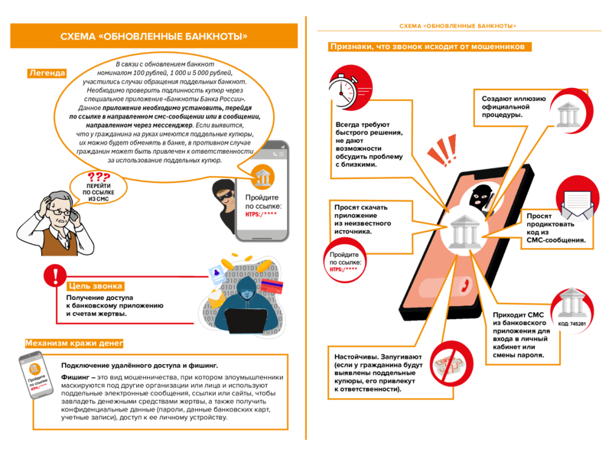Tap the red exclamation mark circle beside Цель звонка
click(55, 275)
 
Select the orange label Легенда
click(47, 73)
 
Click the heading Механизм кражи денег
click(74, 343)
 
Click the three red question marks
click(99, 177)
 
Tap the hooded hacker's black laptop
click(246, 321)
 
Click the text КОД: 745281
click(571, 324)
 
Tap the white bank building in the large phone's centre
click(465, 232)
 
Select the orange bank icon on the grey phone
click(262, 177)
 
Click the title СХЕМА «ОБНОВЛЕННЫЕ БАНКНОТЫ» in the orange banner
click(154, 36)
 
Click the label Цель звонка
click(95, 286)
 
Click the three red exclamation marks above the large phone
click(443, 150)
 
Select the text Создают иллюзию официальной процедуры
click(513, 106)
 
